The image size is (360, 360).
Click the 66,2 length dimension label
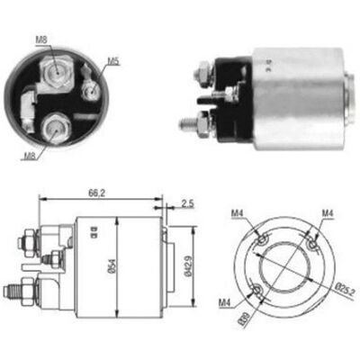tap(96, 193)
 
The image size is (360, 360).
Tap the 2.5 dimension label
tap(188, 203)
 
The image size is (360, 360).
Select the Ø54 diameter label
tap(112, 265)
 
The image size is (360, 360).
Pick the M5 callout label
tap(113, 61)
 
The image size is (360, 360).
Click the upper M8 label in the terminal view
tap(41, 40)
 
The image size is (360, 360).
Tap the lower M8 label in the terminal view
tap(30, 155)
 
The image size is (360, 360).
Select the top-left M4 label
tap(237, 213)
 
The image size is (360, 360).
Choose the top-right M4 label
tap(328, 213)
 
